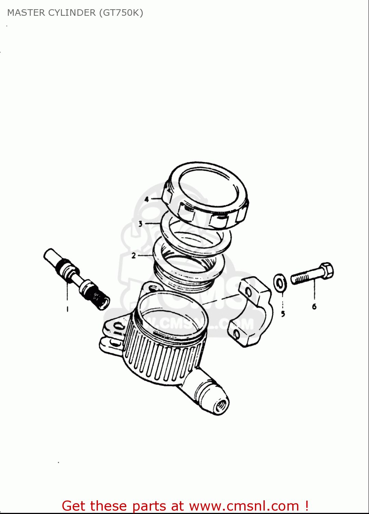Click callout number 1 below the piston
pos(67,309)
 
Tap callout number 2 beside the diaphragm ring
pos(134,256)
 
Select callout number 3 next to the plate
pos(140,224)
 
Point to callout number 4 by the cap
pos(147,199)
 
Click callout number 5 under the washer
pos(283,314)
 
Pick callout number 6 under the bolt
pos(314,306)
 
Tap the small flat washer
pos(280,283)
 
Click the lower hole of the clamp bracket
pos(236,333)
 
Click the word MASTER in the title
pos(26,13)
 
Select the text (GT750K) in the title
pos(121,13)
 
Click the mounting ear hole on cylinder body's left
pos(118,326)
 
